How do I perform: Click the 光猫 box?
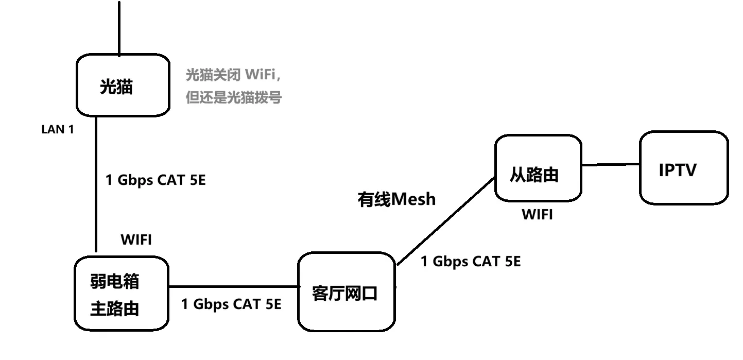(x=123, y=86)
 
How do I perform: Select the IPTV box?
(x=684, y=168)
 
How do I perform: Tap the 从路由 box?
(x=538, y=168)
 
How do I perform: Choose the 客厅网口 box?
(x=347, y=292)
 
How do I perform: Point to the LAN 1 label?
(x=58, y=130)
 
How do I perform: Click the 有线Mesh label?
(x=396, y=199)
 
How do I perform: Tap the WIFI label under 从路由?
(x=538, y=215)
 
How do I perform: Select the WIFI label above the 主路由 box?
(x=136, y=240)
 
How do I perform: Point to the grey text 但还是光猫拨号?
(x=233, y=97)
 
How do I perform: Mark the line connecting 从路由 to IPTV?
(x=611, y=165)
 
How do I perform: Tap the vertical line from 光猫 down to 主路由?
(x=96, y=185)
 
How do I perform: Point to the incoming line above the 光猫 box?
(x=119, y=28)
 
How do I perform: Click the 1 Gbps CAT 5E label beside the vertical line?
(x=155, y=180)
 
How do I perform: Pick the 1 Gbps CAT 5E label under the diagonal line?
(x=471, y=262)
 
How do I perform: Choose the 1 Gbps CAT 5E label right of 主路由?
(x=231, y=304)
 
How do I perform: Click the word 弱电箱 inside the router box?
(x=114, y=282)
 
